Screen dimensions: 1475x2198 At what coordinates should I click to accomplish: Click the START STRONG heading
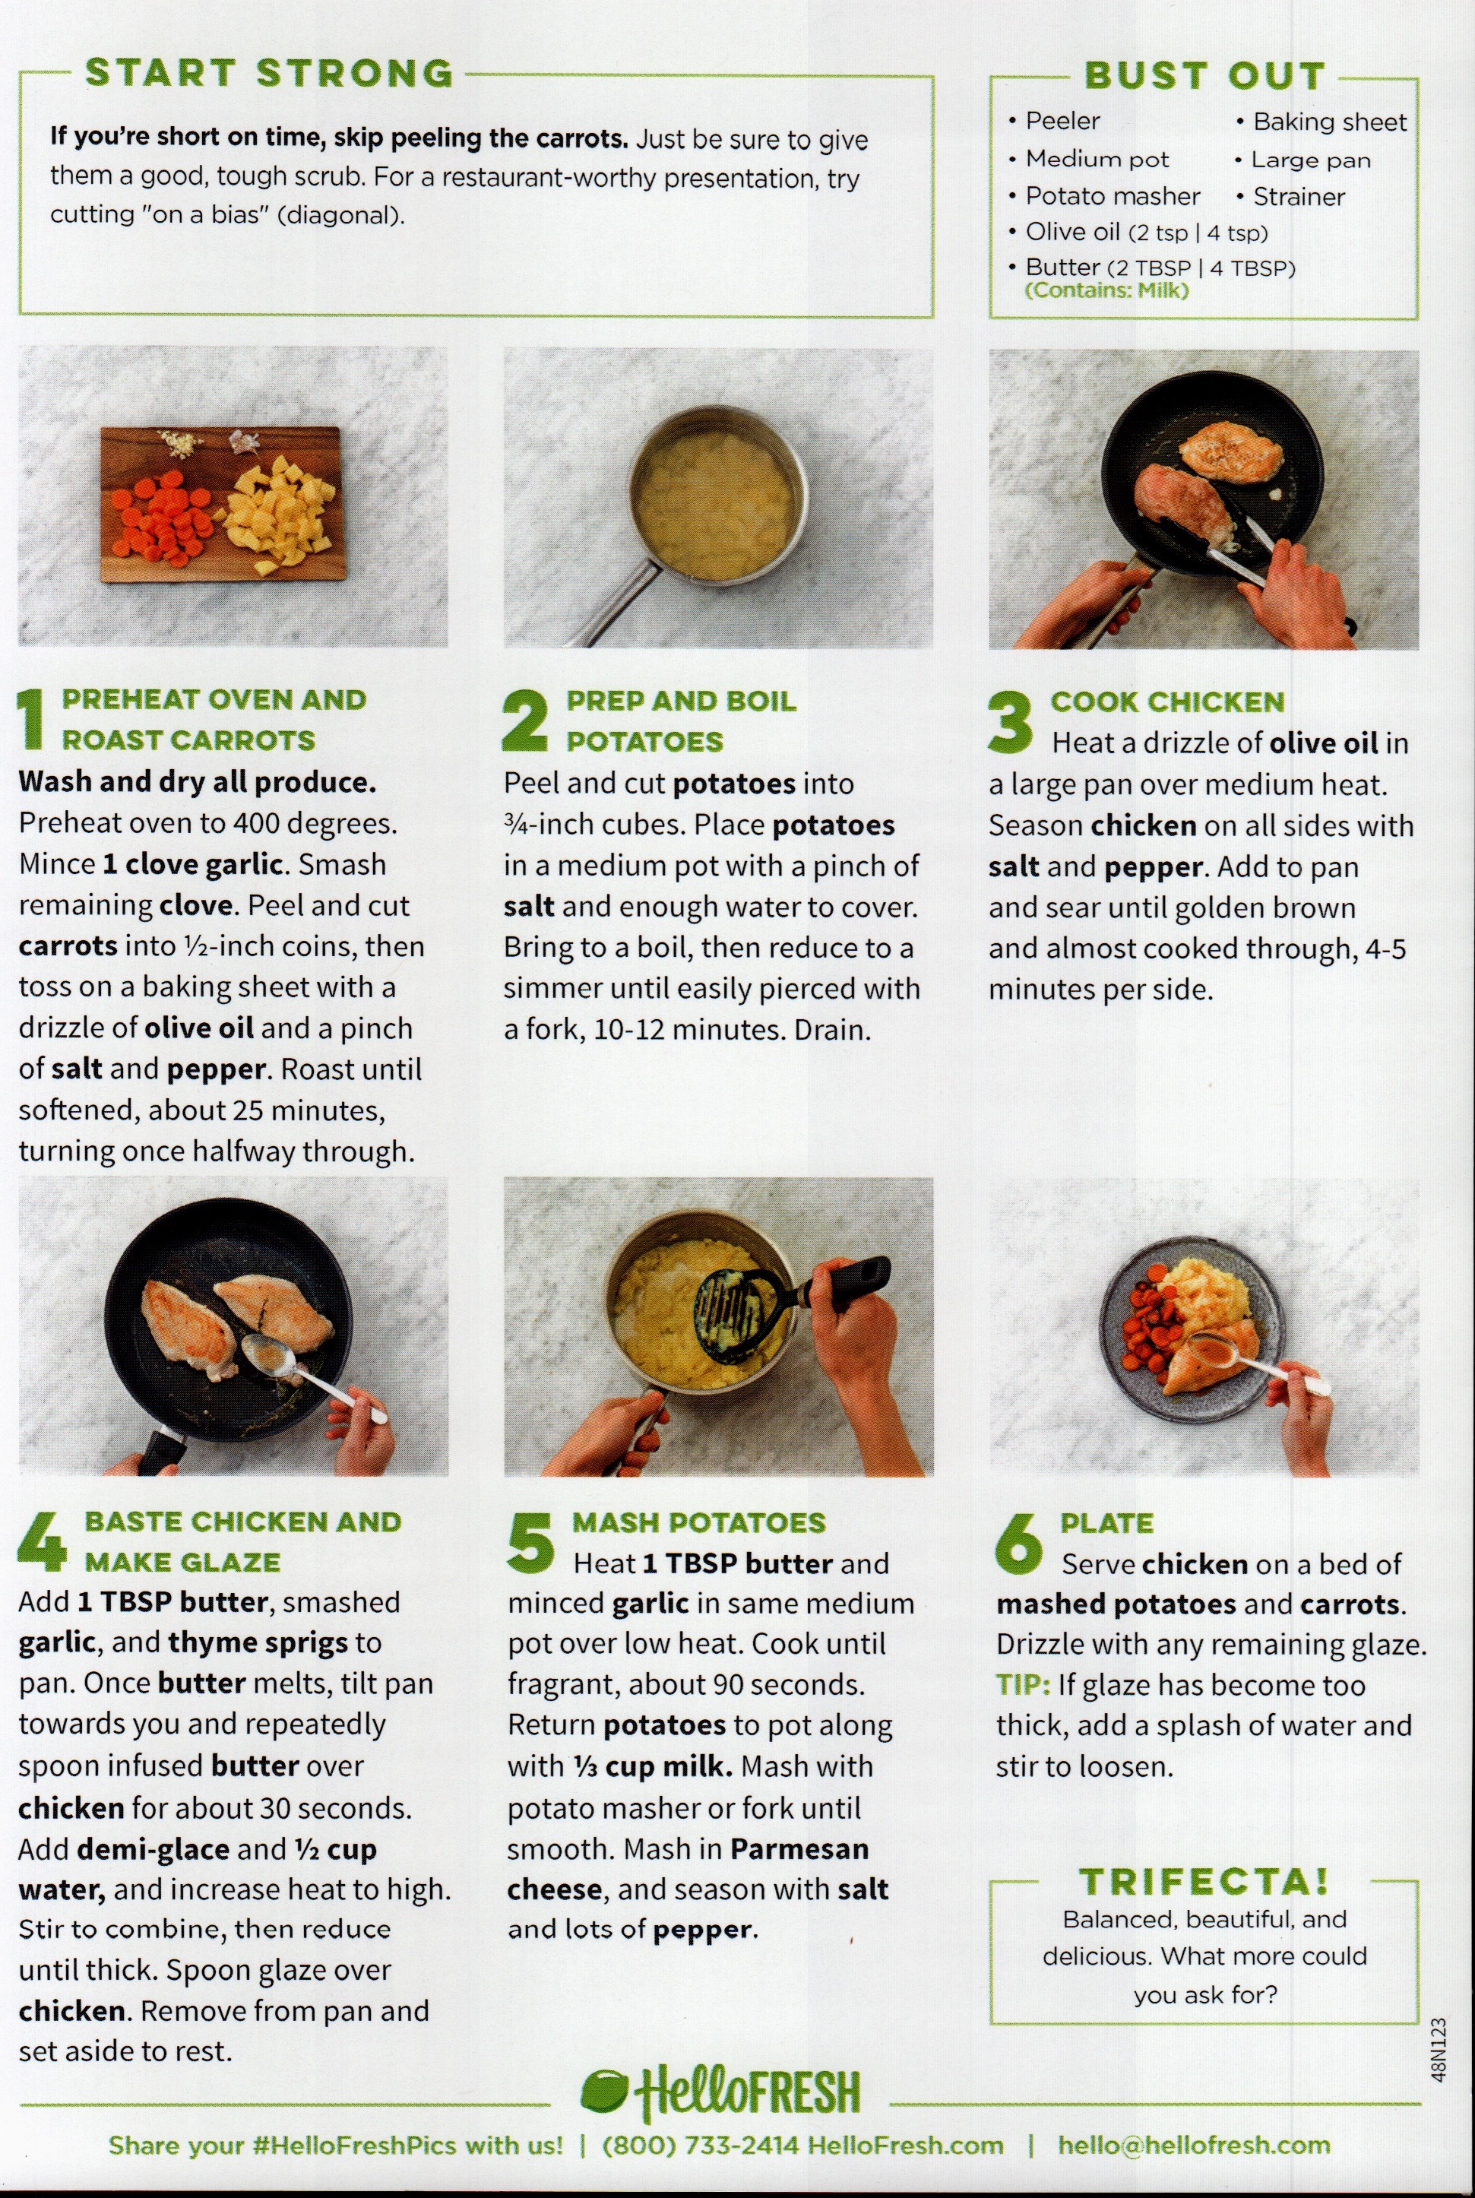click(270, 74)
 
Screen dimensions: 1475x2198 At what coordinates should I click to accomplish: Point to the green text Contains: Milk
click(1106, 291)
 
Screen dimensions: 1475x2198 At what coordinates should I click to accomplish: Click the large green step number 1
click(32, 719)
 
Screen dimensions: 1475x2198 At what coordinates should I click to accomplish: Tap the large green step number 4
click(43, 1541)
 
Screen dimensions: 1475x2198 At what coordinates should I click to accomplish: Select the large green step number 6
click(1019, 1543)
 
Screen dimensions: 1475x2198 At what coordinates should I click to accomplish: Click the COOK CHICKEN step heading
click(1167, 702)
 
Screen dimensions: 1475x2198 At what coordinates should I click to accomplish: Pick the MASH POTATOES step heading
click(699, 1522)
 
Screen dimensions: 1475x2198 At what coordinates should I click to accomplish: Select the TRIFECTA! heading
click(1204, 1881)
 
